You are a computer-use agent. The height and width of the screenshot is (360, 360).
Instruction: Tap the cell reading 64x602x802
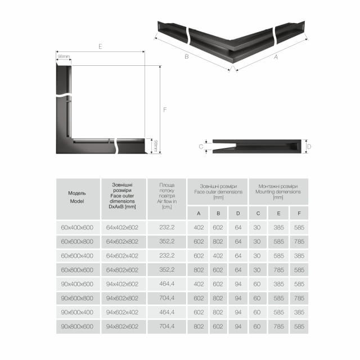pyautogui.click(x=122, y=241)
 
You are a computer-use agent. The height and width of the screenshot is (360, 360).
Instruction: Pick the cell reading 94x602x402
pyautogui.click(x=122, y=312)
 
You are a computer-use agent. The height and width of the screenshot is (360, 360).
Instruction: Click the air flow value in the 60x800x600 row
pyautogui.click(x=167, y=269)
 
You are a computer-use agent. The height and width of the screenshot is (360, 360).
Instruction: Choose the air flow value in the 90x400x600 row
pyautogui.click(x=167, y=284)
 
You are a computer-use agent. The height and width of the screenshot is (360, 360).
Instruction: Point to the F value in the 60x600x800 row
pyautogui.click(x=299, y=241)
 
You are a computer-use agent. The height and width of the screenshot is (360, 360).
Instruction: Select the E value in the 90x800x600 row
pyautogui.click(x=278, y=326)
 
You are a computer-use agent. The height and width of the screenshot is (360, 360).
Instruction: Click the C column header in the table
pyautogui.click(x=258, y=213)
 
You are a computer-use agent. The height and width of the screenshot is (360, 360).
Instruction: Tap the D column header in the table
pyautogui.click(x=238, y=213)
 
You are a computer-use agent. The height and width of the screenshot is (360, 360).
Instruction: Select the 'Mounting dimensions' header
pyautogui.click(x=278, y=191)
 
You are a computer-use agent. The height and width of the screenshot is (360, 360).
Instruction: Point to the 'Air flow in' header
pyautogui.click(x=167, y=196)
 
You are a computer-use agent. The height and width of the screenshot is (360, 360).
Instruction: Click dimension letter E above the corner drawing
pyautogui.click(x=100, y=47)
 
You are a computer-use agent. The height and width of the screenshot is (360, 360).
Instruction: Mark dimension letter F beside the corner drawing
pyautogui.click(x=165, y=110)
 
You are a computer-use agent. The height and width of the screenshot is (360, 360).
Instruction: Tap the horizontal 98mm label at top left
pyautogui.click(x=63, y=56)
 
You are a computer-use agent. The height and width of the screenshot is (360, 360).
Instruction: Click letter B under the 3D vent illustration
pyautogui.click(x=186, y=56)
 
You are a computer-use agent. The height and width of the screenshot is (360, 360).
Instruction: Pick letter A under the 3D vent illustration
pyautogui.click(x=276, y=56)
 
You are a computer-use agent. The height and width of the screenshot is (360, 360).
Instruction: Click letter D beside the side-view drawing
pyautogui.click(x=309, y=146)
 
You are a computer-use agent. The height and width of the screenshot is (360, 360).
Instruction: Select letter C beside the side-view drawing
pyautogui.click(x=201, y=146)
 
